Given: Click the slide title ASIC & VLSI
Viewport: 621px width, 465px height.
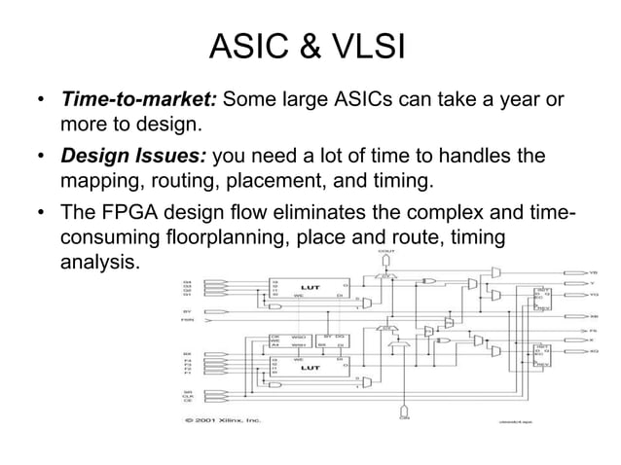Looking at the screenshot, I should point(308,47).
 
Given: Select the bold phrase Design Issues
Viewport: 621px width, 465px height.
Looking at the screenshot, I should point(133,157).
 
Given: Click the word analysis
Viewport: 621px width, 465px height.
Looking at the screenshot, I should point(100,263).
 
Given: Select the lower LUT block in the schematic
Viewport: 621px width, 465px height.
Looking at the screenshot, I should point(310,369).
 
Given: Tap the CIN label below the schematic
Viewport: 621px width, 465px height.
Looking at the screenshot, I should point(403,416).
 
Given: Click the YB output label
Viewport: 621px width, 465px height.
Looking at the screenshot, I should point(595,273).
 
